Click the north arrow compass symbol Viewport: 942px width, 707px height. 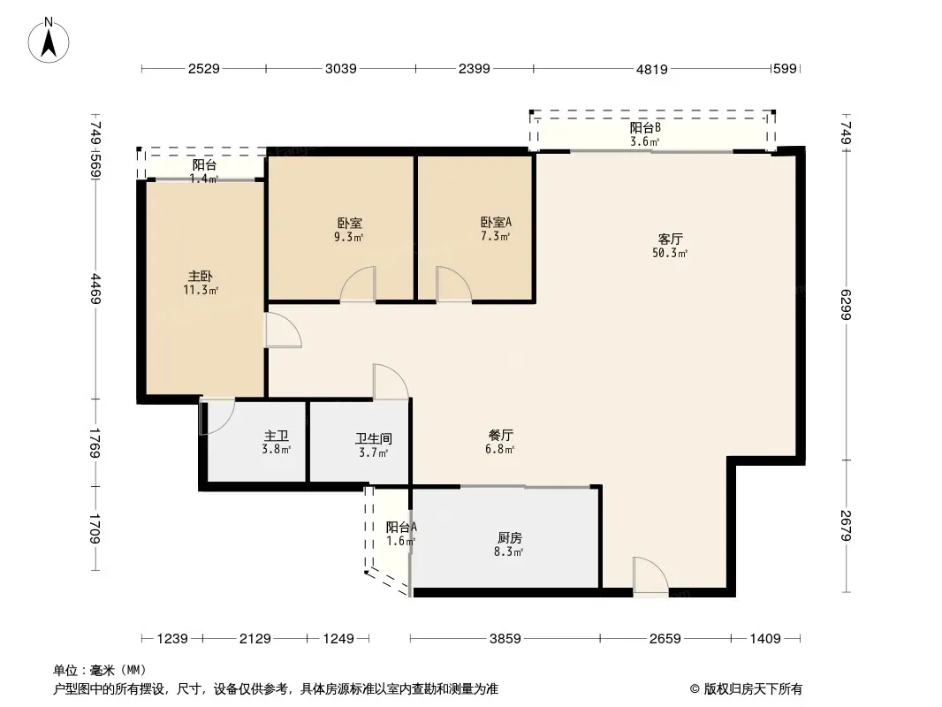coord(49,41)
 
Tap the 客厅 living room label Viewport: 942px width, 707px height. coord(670,239)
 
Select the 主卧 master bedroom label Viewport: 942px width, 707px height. coord(200,277)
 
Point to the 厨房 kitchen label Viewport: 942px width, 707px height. coord(509,538)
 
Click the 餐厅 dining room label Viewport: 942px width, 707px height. coord(500,435)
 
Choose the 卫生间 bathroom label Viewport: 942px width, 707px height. coord(373,438)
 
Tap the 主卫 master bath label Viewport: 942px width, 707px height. coord(277,436)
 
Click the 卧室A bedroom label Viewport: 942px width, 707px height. coord(496,222)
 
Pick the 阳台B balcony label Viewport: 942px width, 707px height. coord(644,127)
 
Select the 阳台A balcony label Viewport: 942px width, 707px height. coord(400,527)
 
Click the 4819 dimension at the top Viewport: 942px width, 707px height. coord(652,69)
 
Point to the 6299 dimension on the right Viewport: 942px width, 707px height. coord(846,305)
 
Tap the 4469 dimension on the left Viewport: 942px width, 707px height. coord(95,289)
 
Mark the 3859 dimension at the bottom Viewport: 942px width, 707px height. coord(505,639)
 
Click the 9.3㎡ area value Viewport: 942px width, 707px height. coord(348,237)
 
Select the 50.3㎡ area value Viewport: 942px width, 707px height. coord(669,253)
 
